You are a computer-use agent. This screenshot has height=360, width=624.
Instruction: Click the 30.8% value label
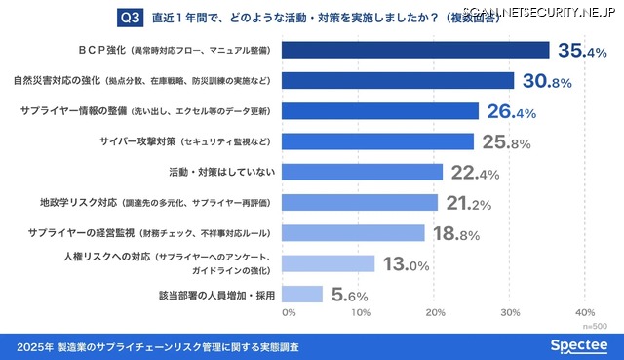point(549,81)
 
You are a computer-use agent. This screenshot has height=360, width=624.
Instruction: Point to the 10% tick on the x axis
point(361,313)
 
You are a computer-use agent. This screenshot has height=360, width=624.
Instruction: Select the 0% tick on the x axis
point(289,313)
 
